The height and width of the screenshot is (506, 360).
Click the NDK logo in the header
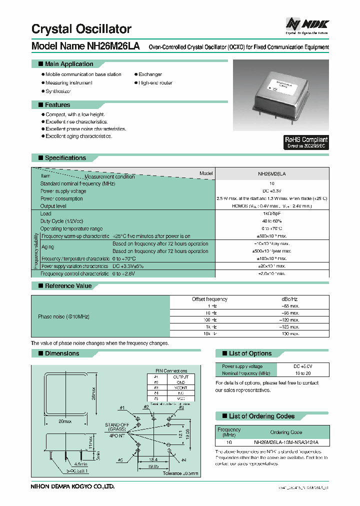[306, 23]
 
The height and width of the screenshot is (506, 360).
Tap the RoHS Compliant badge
[306, 142]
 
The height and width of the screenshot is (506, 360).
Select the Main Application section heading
[69, 64]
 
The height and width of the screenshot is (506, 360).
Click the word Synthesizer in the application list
[58, 91]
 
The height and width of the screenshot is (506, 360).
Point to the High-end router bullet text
[155, 83]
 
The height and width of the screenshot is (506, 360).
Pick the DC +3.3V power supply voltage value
[271, 191]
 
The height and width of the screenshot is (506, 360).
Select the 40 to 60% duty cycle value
[271, 221]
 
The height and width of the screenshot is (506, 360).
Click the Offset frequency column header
[209, 299]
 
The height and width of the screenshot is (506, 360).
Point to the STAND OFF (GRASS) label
[116, 427]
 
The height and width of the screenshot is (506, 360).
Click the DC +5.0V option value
[303, 366]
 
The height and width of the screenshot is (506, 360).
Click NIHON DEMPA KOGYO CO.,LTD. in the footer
[73, 486]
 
